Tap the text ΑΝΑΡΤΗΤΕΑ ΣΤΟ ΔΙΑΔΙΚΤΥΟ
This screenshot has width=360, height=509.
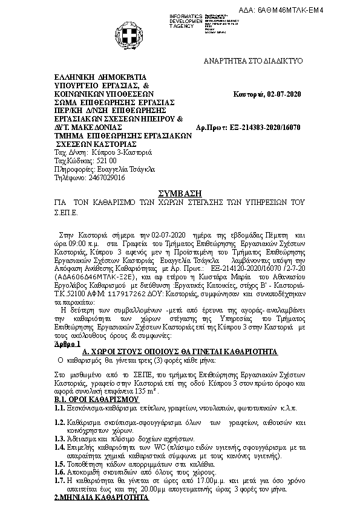pyautogui.click(x=254, y=62)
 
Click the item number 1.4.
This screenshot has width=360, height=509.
pyautogui.click(x=60, y=446)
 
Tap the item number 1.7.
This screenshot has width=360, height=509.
pyautogui.click(x=60, y=479)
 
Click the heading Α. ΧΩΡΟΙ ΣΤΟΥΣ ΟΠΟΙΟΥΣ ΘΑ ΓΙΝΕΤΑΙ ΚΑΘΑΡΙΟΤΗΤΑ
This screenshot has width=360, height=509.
pyautogui.click(x=180, y=351)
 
